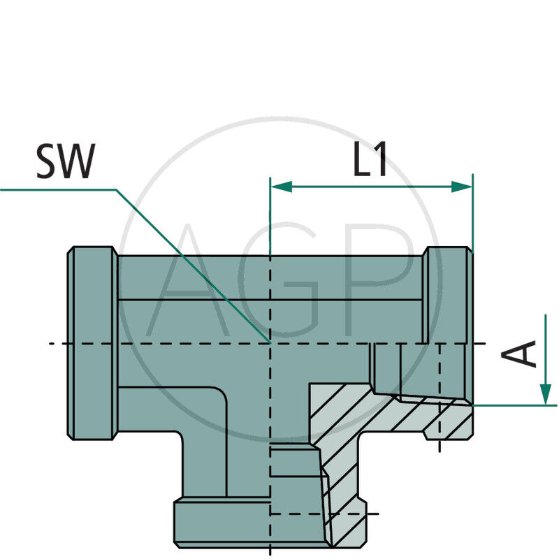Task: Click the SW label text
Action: pos(64,162)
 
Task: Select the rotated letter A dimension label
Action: pos(521,354)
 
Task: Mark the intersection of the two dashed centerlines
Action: pos(270,343)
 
